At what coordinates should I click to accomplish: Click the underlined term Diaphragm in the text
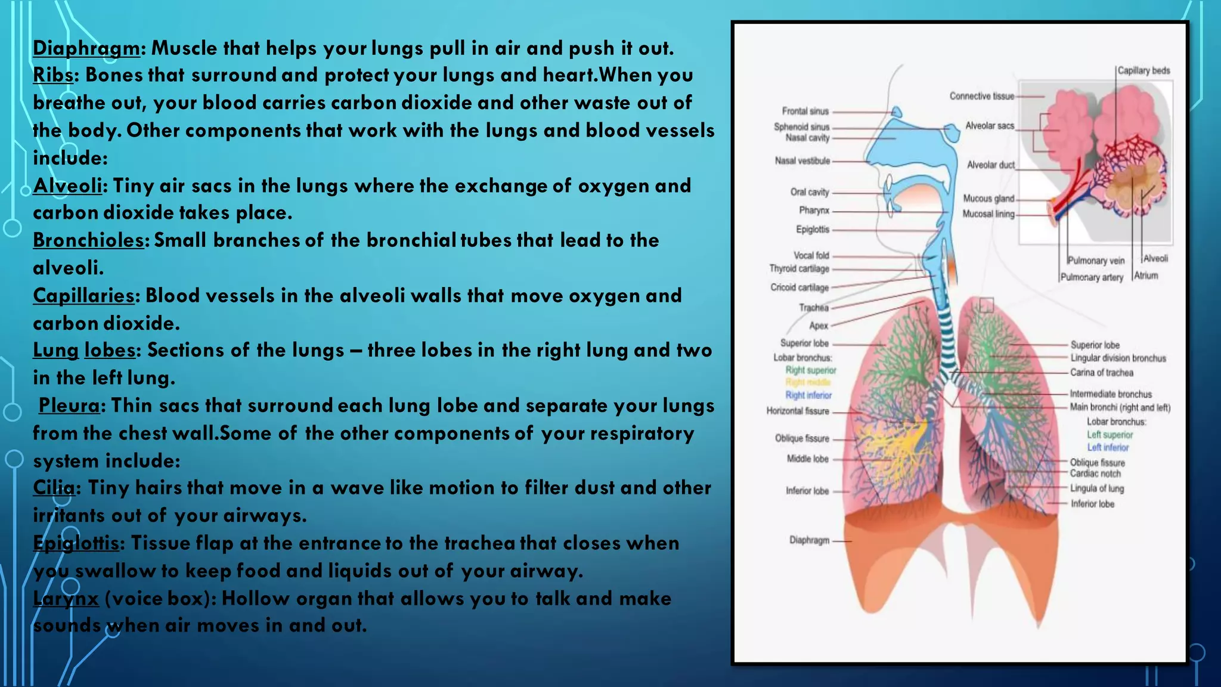86,48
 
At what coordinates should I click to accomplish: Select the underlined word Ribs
53,76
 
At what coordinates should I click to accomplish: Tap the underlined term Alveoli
67,186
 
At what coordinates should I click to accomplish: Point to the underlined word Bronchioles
88,240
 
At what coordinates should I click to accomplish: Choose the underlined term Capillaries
83,296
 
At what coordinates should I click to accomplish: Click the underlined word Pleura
69,406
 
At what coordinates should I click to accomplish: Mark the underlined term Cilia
54,488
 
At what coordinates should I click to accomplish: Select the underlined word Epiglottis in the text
76,543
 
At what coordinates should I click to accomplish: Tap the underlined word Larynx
66,598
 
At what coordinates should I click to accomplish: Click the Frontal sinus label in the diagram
805,111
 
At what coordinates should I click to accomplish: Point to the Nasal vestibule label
802,160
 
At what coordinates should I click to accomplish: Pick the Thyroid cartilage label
799,268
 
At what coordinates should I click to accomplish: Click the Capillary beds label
1143,70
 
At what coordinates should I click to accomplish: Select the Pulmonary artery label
1092,277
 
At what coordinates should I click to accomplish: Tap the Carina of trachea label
1101,373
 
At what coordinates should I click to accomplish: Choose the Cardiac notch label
1095,474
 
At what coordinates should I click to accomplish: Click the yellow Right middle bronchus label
808,382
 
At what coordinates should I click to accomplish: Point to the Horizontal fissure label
798,411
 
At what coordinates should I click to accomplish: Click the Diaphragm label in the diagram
809,540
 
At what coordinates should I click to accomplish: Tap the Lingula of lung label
1096,488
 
